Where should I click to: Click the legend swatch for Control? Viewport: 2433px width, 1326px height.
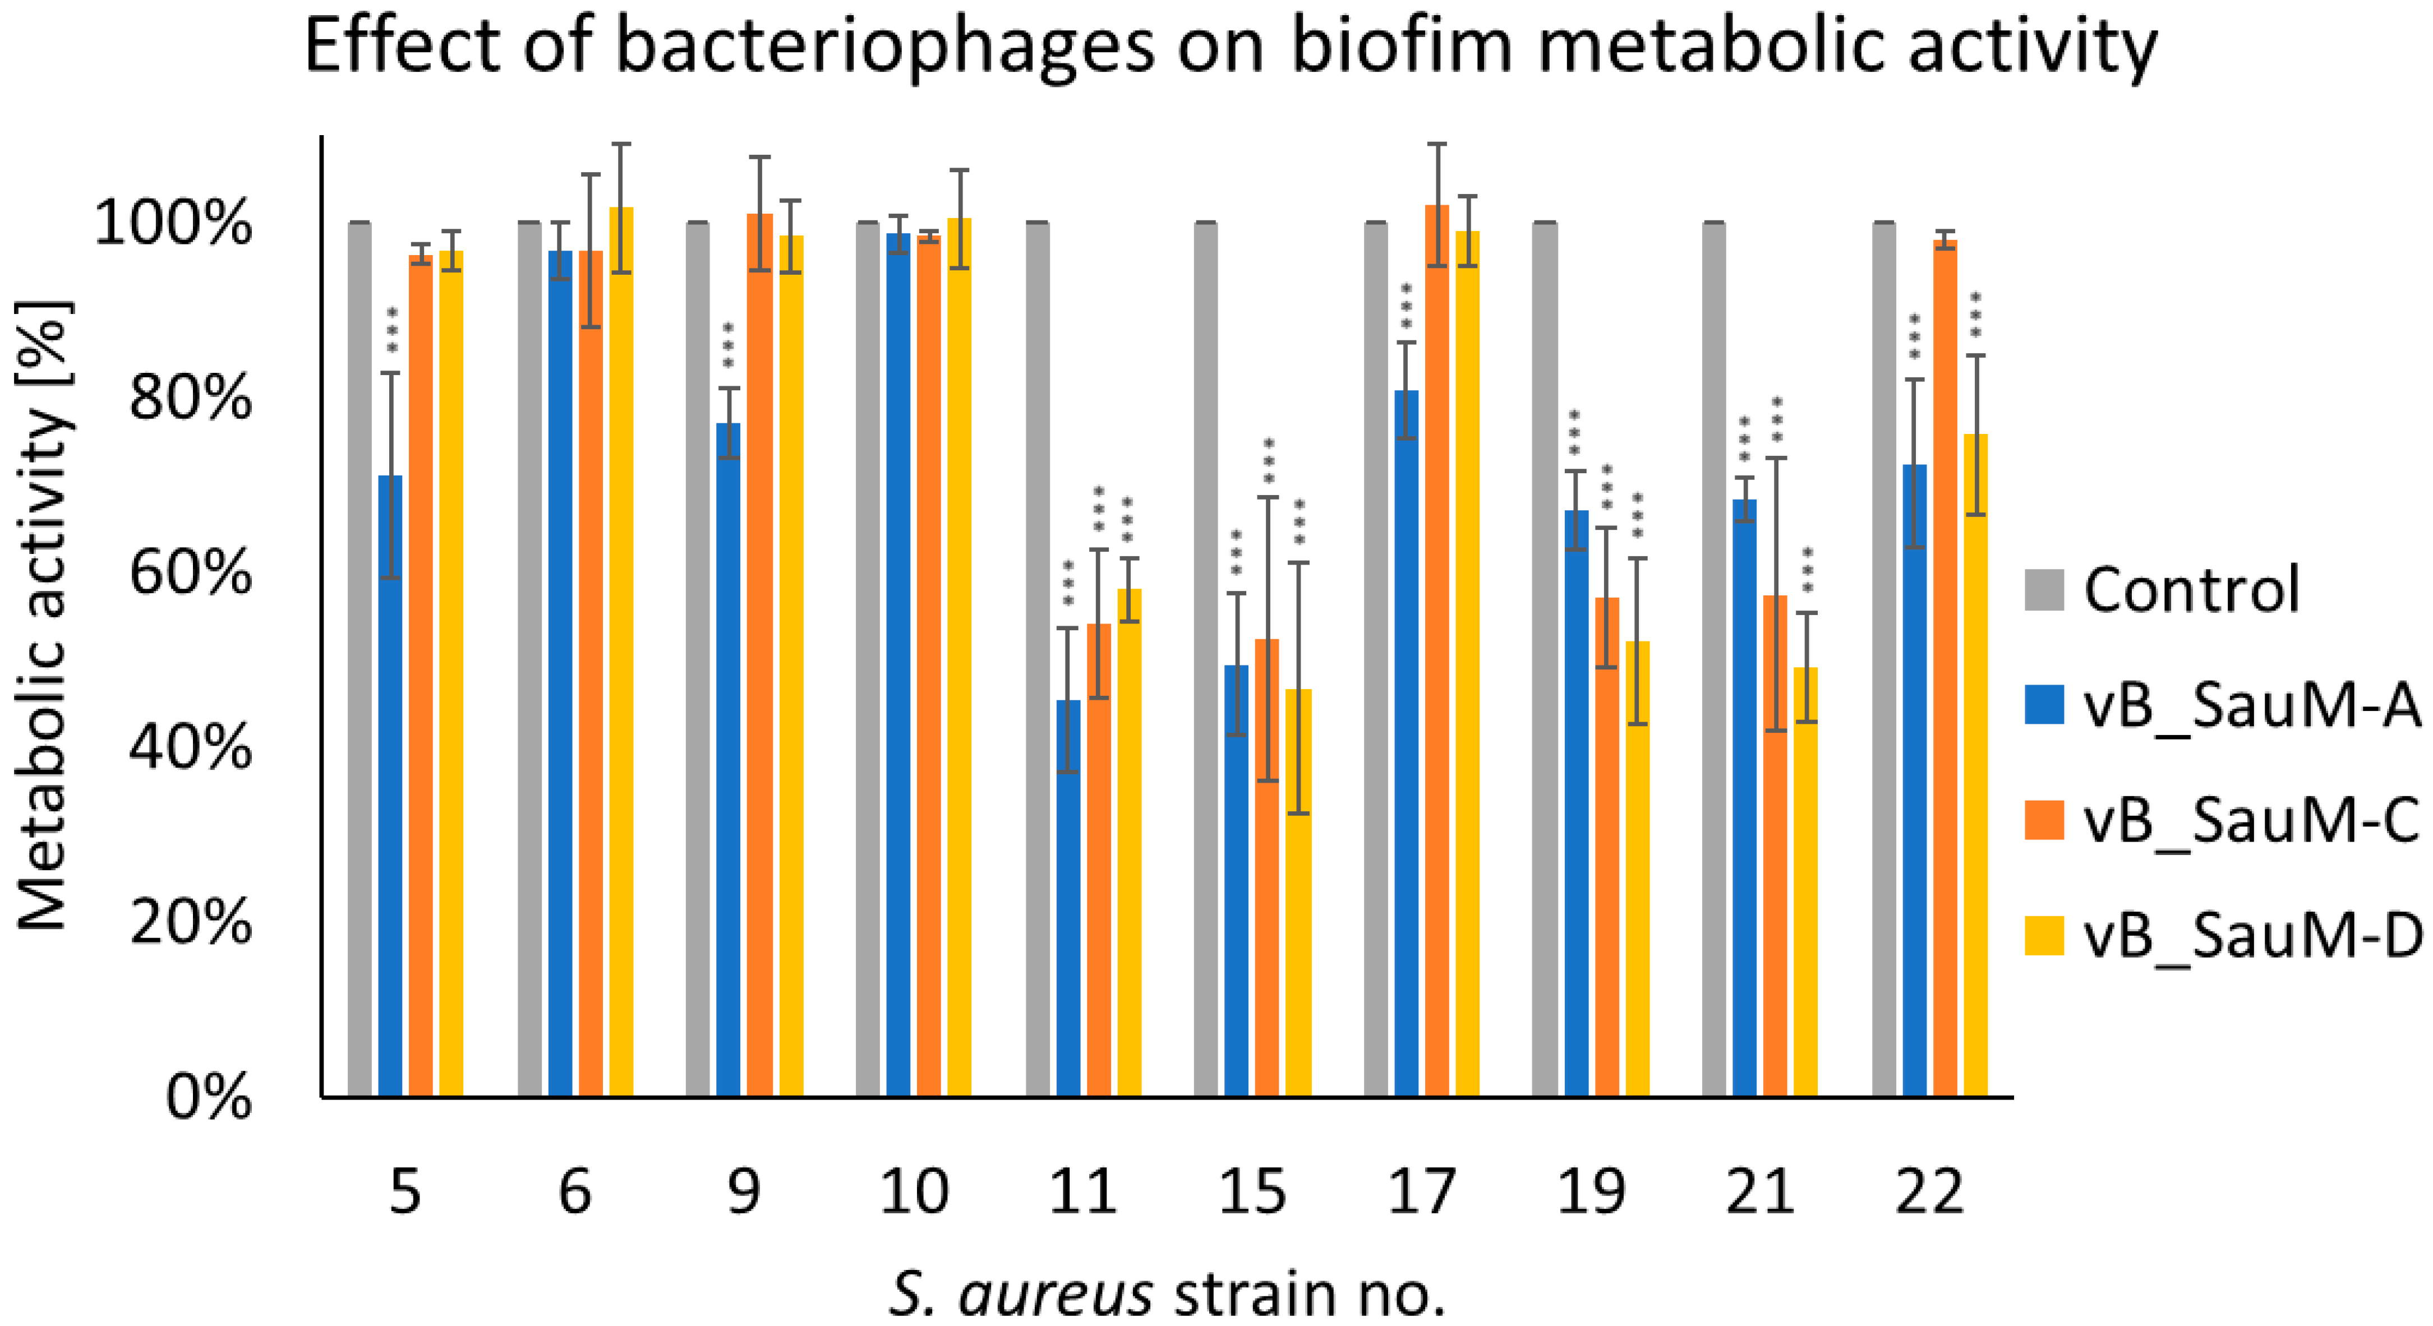click(x=2044, y=590)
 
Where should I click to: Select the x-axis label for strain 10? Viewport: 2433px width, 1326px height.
click(x=913, y=1192)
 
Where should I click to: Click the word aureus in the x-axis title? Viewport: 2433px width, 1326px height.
click(x=1055, y=1294)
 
